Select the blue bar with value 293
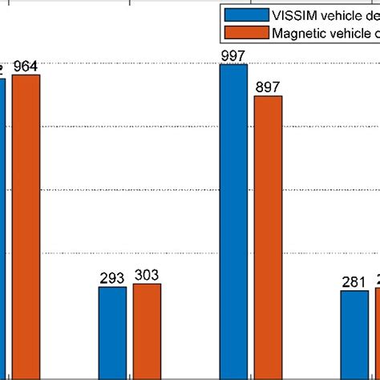coord(112,332)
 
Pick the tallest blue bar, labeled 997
coord(233,221)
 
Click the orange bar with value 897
coord(268,236)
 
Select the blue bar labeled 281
coord(354,334)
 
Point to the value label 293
coord(112,278)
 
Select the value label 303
coord(147,275)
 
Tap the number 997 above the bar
coord(233,55)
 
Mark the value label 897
coord(268,87)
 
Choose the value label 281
coord(354,282)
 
